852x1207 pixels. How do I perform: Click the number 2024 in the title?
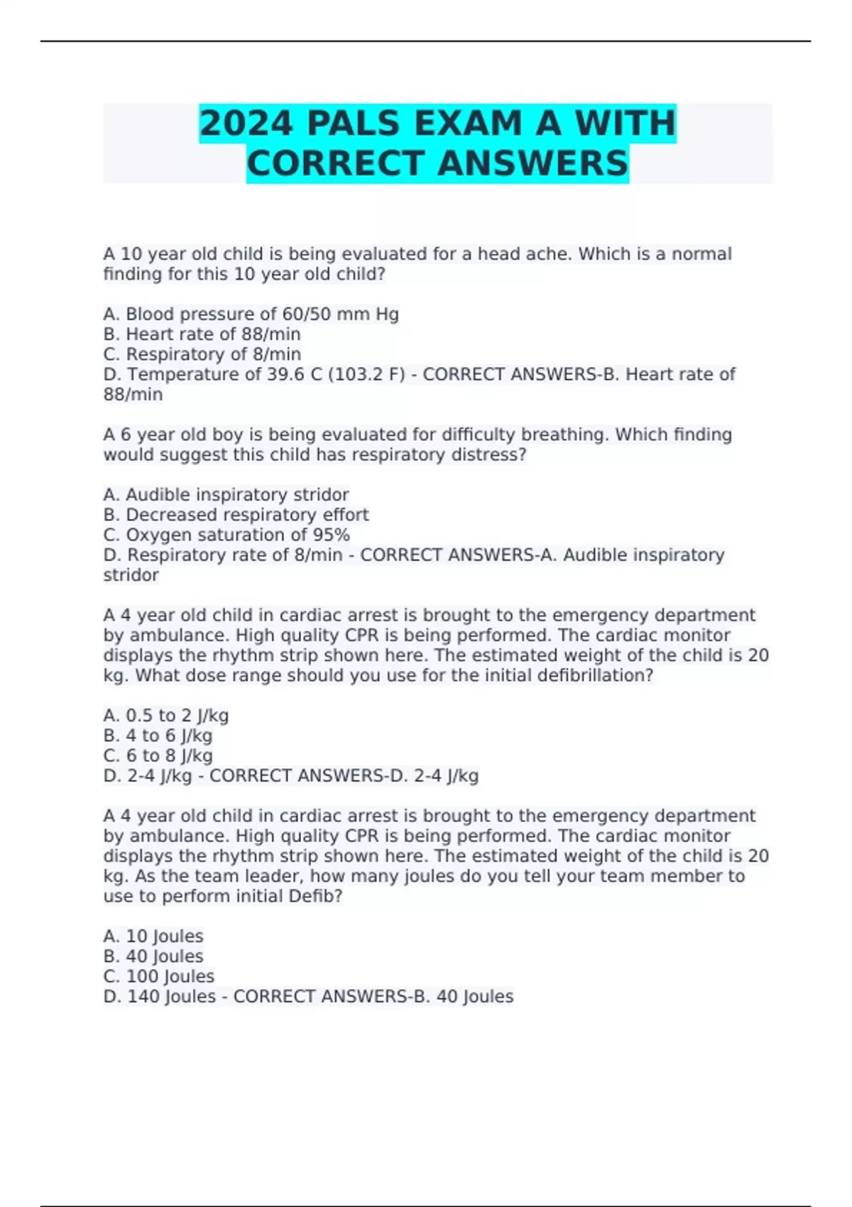click(x=246, y=124)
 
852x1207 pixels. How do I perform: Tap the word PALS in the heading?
click(x=353, y=124)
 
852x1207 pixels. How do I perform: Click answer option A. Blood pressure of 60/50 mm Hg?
click(x=251, y=314)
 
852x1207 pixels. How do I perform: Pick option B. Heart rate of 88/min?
click(x=202, y=334)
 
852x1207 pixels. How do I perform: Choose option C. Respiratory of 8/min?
click(x=202, y=354)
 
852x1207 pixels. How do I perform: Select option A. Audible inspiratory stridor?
click(x=226, y=494)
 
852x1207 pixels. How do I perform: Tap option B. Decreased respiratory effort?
click(x=236, y=514)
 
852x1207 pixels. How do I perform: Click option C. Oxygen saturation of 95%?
click(x=226, y=535)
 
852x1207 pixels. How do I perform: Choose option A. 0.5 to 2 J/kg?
click(x=165, y=715)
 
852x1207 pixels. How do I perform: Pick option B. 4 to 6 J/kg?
click(x=158, y=736)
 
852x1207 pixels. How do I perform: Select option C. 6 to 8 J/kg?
click(x=158, y=755)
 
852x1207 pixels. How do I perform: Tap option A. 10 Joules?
click(x=153, y=936)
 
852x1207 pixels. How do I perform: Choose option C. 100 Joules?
click(x=158, y=976)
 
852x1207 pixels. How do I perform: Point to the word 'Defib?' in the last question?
click(x=315, y=896)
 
